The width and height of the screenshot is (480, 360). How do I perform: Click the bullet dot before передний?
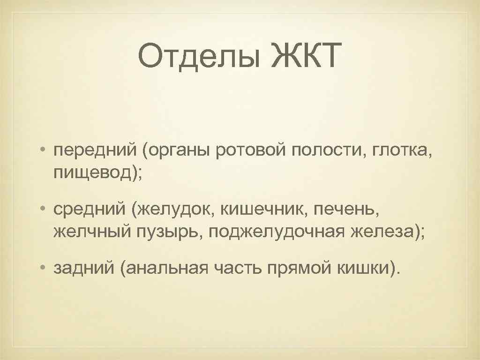click(43, 150)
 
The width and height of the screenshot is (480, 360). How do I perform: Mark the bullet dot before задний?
click(43, 269)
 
